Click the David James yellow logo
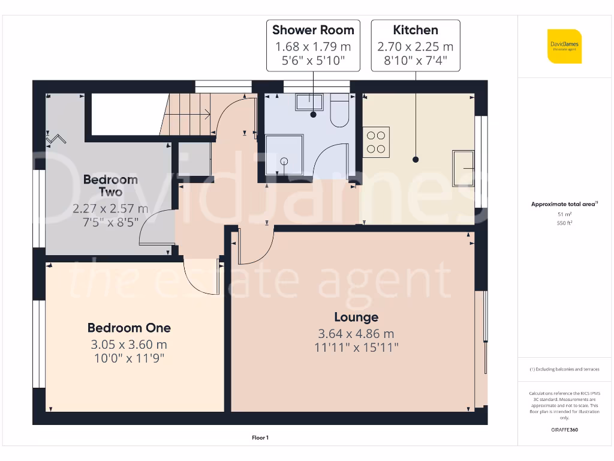[564, 46]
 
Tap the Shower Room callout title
[313, 30]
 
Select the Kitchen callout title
[415, 30]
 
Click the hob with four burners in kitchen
[376, 142]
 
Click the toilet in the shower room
[339, 112]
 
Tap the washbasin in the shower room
[309, 102]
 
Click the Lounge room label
[356, 317]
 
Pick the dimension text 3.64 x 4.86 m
[356, 334]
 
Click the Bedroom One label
[129, 328]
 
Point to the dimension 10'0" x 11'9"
[129, 358]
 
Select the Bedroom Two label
[110, 185]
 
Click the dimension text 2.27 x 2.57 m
[110, 209]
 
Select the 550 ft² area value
[564, 223]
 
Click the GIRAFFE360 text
[564, 430]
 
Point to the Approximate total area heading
[564, 205]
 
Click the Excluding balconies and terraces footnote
[564, 369]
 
